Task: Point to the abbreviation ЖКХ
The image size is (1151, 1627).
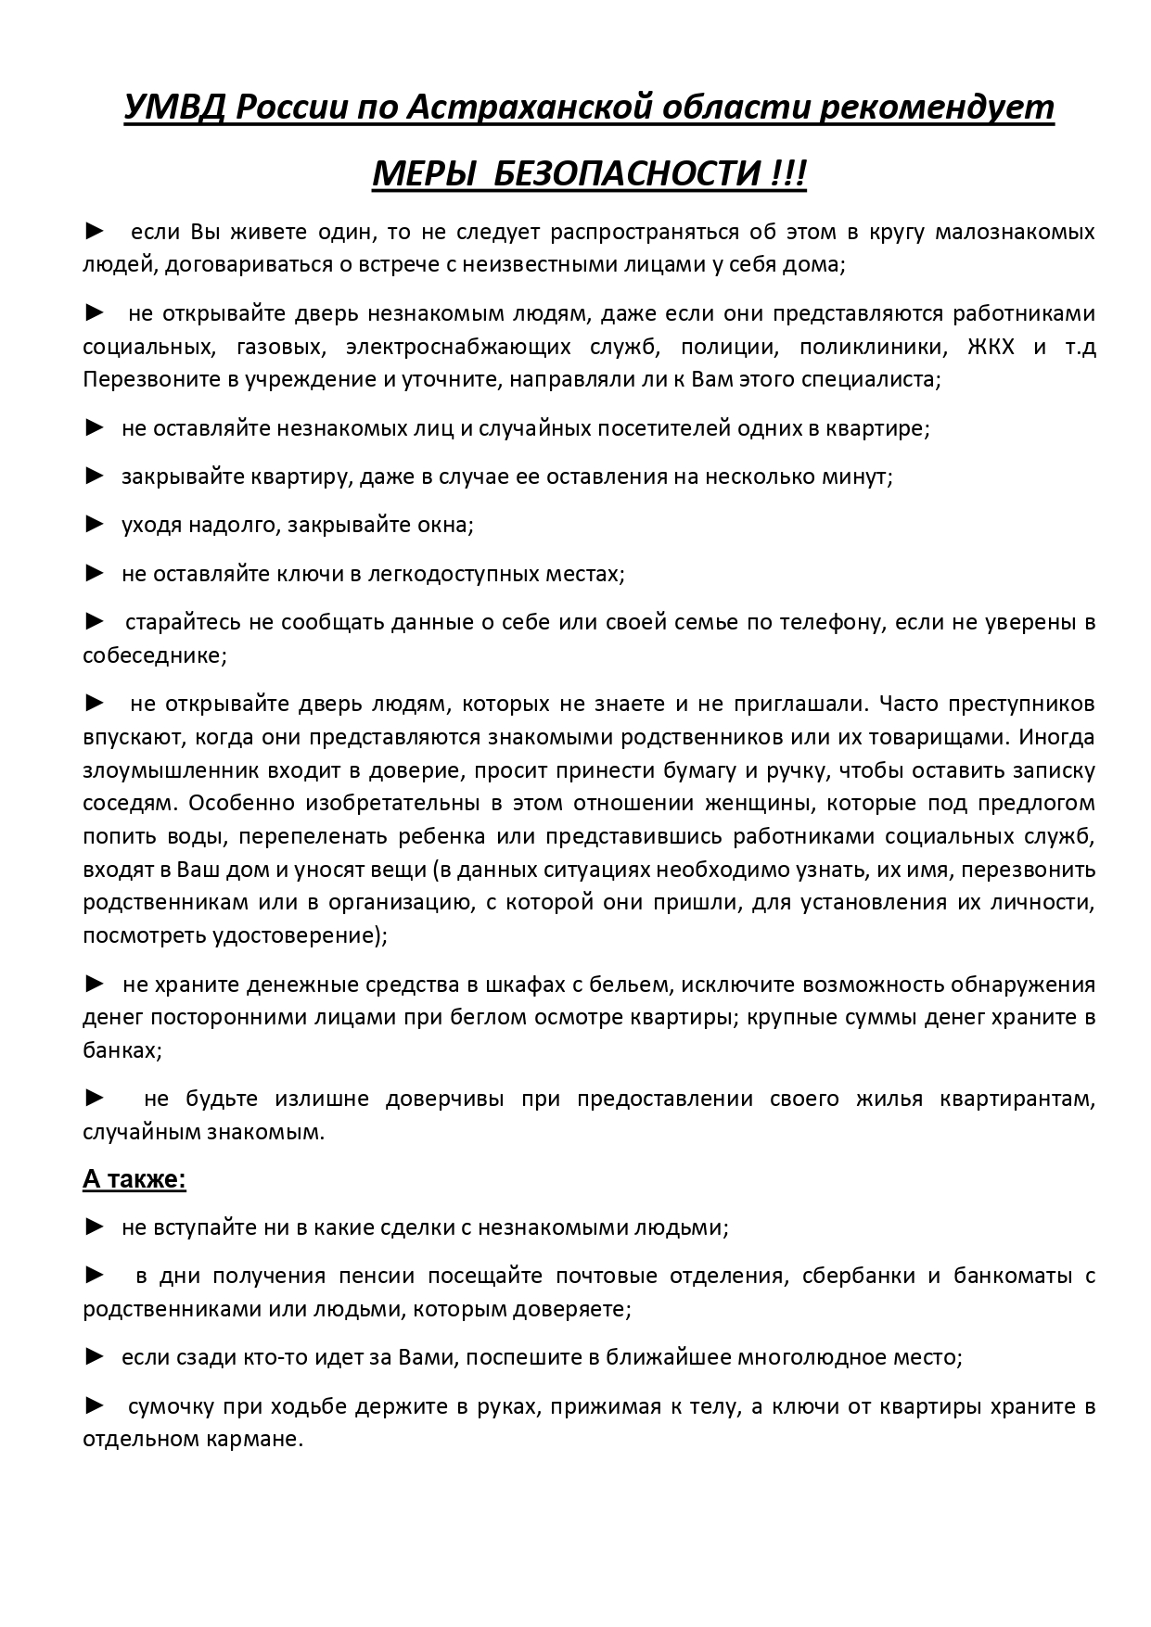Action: [991, 347]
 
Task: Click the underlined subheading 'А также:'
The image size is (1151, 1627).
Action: [134, 1179]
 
